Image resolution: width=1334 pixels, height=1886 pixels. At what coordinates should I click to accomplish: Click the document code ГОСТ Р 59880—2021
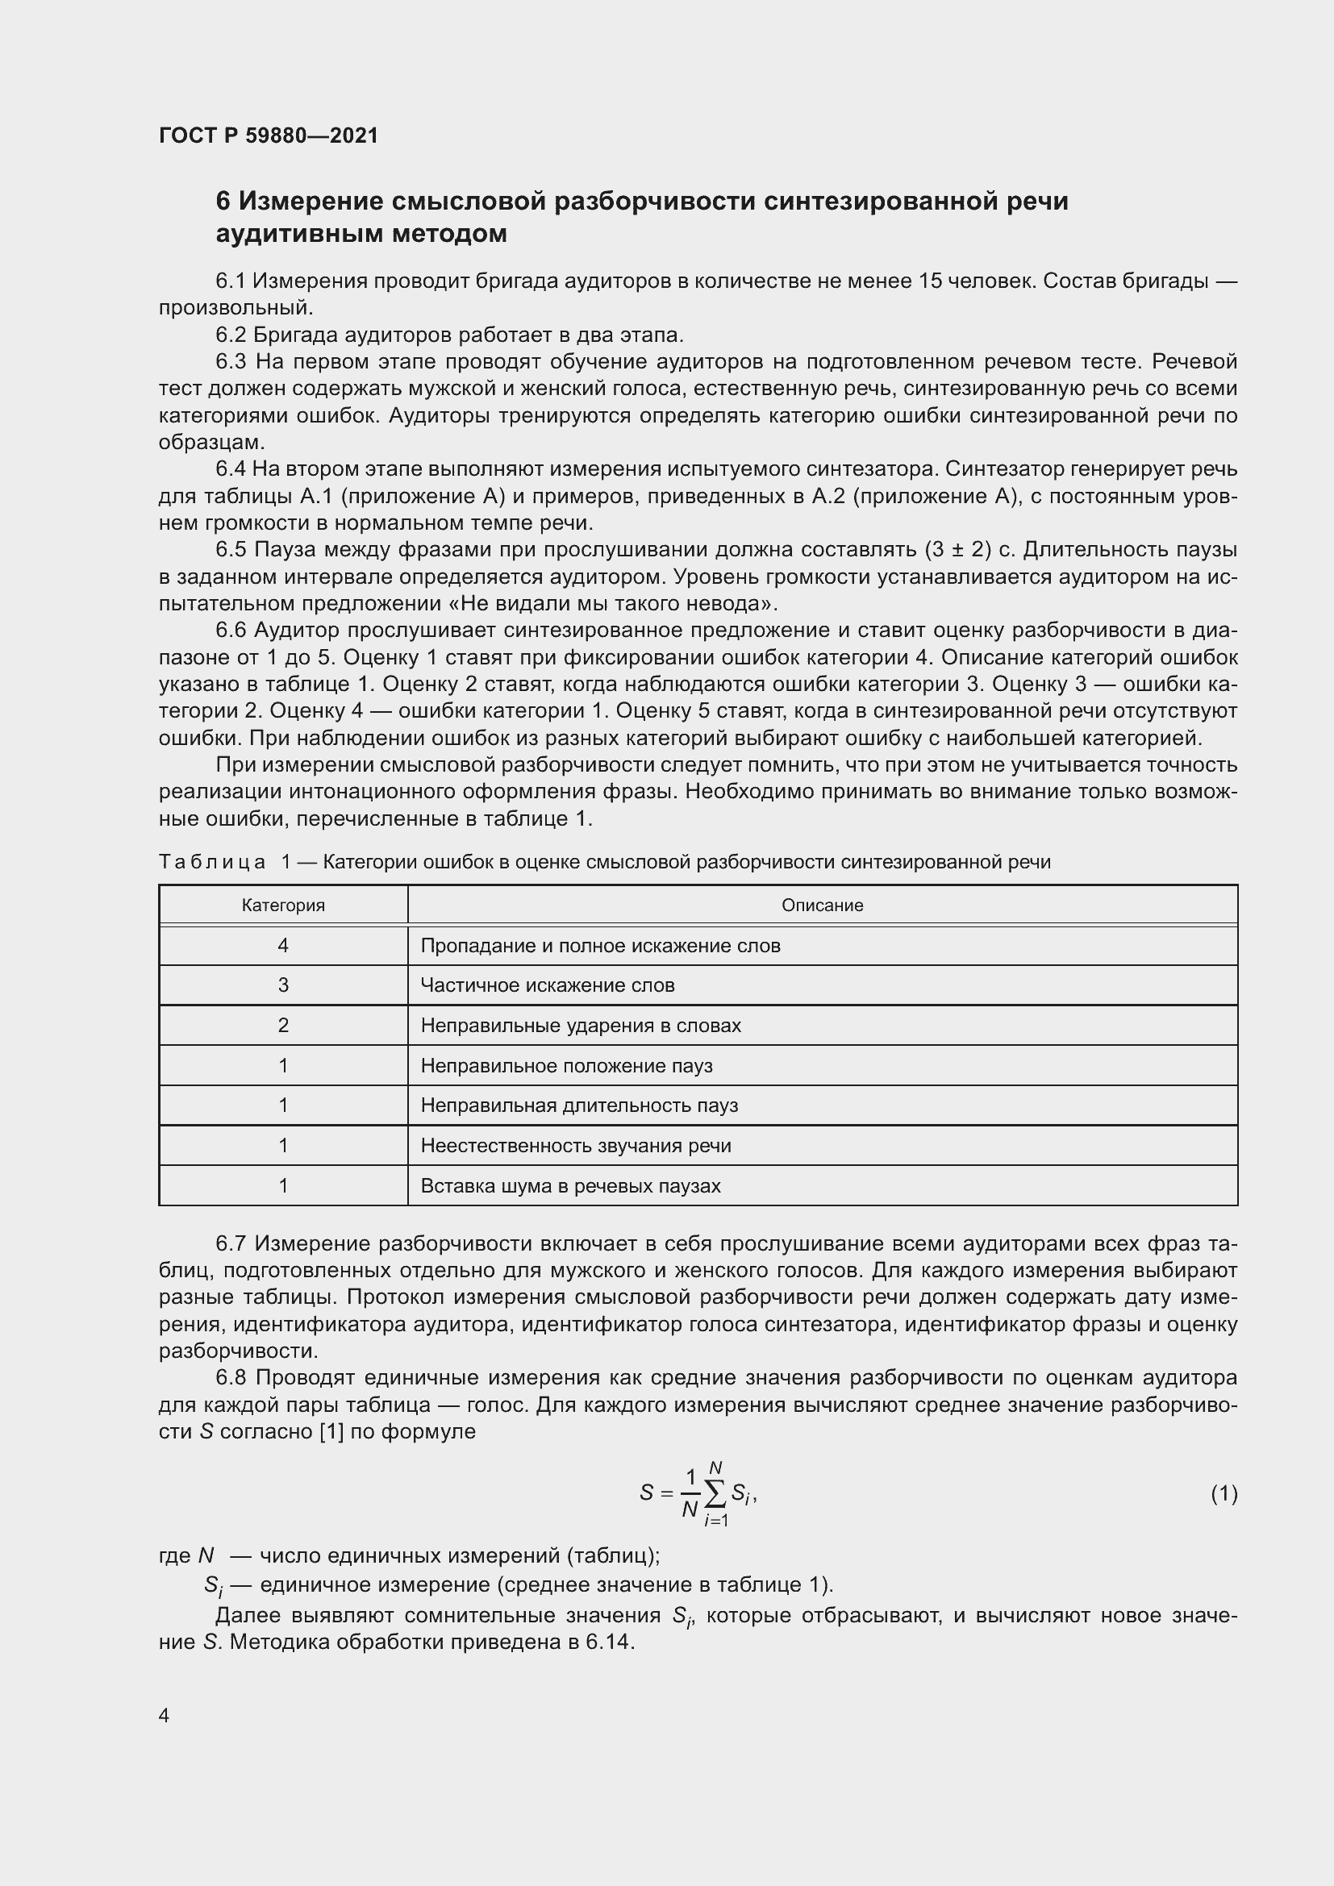tap(269, 135)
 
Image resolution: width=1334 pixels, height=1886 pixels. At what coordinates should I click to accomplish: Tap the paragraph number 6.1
tap(231, 281)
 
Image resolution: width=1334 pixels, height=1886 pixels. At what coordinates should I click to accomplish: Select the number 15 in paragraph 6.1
tap(930, 281)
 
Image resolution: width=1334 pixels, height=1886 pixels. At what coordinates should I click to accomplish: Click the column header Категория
tap(283, 906)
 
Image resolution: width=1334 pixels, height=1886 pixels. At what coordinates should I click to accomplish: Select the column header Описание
tap(822, 906)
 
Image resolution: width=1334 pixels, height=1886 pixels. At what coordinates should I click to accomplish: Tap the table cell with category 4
tap(283, 946)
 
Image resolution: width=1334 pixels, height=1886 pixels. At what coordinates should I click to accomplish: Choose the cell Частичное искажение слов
tap(547, 985)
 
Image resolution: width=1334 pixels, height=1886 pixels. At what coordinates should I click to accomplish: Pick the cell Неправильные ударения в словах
tap(581, 1025)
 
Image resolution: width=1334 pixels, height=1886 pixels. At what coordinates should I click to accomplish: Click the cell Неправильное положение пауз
tap(566, 1065)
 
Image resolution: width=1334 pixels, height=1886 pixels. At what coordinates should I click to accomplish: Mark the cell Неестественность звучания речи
tap(575, 1145)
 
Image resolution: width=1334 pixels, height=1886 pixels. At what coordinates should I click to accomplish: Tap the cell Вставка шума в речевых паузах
tap(570, 1185)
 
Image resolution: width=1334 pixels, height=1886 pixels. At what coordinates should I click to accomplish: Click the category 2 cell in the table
tap(283, 1025)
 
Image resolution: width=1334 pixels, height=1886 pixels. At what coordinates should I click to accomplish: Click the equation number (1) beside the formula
tap(1224, 1493)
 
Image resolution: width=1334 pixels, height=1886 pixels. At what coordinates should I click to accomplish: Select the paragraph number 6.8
tap(231, 1377)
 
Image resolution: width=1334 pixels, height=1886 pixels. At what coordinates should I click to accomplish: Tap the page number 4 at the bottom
tap(164, 1715)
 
